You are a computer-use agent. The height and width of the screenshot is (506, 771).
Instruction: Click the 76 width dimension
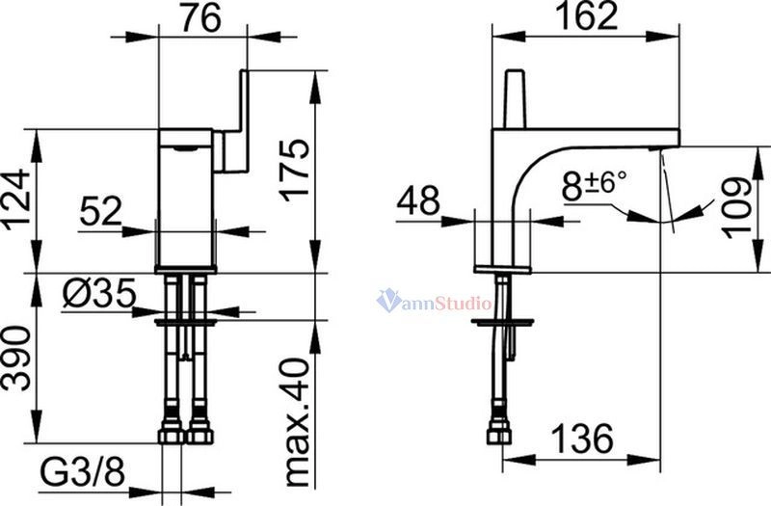pos(201,18)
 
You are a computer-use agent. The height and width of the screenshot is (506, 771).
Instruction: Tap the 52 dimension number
pos(101,211)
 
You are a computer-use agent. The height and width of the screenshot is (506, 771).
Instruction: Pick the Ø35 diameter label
pos(99,294)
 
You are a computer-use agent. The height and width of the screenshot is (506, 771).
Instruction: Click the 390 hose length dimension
pos(17,358)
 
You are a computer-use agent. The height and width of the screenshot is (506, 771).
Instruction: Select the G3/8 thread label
pos(82,473)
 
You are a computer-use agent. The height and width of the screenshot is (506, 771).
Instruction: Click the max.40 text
pos(297,421)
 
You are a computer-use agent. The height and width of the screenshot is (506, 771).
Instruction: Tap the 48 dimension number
pos(418,200)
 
